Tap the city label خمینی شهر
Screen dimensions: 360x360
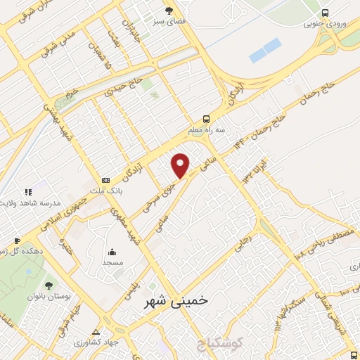click(175, 300)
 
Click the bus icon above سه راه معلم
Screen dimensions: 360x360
click(206, 119)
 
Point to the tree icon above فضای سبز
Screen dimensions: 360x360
click(169, 10)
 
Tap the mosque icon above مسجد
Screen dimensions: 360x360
click(112, 251)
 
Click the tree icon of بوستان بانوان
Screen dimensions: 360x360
click(49, 285)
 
